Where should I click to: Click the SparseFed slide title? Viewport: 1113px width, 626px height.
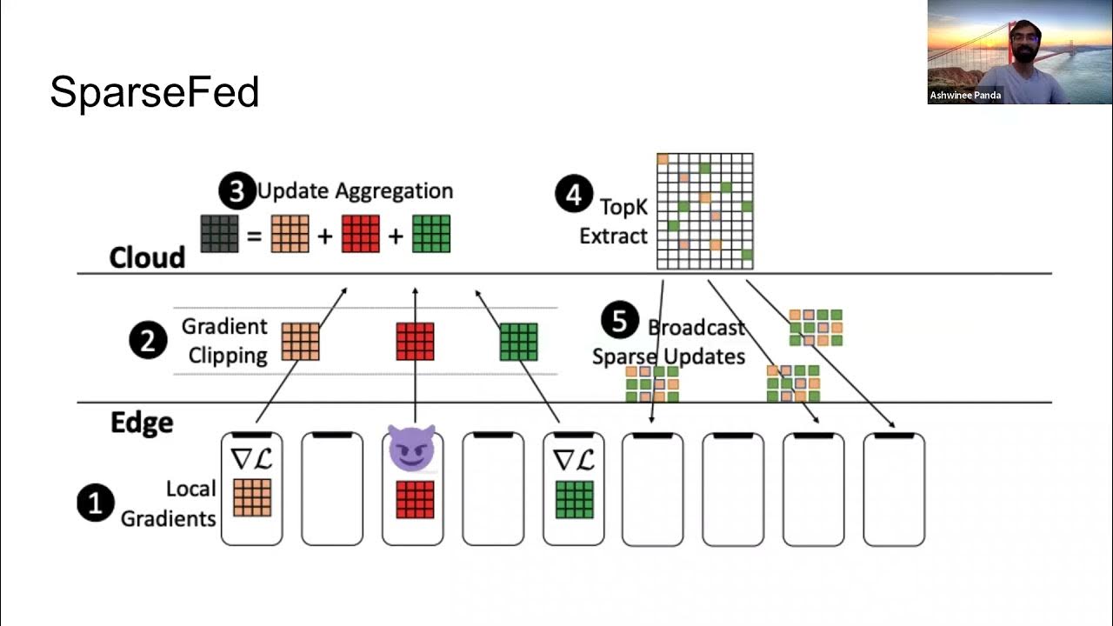point(154,92)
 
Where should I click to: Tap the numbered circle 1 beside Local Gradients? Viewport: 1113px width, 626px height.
point(96,503)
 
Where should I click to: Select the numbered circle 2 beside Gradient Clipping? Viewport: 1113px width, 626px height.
point(148,341)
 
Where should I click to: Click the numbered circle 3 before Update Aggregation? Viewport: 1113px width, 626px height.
point(237,191)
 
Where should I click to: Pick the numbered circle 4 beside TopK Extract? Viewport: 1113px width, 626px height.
point(574,195)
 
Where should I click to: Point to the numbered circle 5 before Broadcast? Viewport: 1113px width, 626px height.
point(619,321)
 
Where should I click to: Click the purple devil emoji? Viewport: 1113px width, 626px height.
point(410,450)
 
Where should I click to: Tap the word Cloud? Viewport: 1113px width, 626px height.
point(147,257)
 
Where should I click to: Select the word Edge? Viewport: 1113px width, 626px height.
point(142,423)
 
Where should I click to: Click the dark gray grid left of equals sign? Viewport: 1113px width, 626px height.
point(219,234)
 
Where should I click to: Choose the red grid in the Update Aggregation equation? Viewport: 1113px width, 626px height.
point(360,234)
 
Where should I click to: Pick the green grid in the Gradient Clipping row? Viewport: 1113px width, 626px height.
point(518,342)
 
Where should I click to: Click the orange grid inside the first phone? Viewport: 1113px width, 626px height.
point(252,498)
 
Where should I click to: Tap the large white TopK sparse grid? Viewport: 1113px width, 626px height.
point(704,211)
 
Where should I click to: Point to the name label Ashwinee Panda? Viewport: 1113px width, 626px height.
point(965,96)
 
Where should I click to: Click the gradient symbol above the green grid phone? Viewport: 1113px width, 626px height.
point(573,458)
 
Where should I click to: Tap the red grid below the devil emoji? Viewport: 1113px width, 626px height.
point(415,499)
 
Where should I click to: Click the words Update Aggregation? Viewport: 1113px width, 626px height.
point(355,191)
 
